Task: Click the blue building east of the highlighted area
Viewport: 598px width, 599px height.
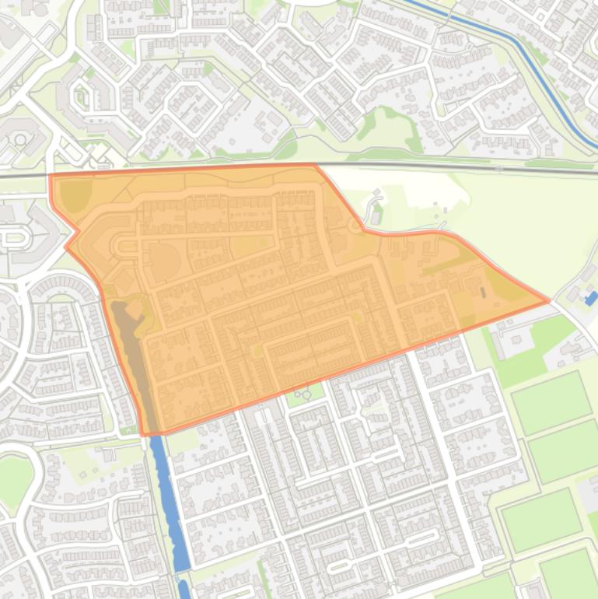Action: pyautogui.click(x=590, y=297)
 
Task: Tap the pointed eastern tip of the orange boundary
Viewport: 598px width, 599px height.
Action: pyautogui.click(x=549, y=299)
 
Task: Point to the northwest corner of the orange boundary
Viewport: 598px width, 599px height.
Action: pyautogui.click(x=51, y=176)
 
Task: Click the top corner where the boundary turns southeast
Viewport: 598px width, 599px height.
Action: pyautogui.click(x=314, y=165)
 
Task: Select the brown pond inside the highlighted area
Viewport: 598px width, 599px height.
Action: pyautogui.click(x=129, y=342)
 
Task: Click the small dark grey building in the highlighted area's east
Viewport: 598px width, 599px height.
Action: pyautogui.click(x=481, y=293)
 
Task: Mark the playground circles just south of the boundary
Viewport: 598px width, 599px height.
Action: pyautogui.click(x=303, y=394)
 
